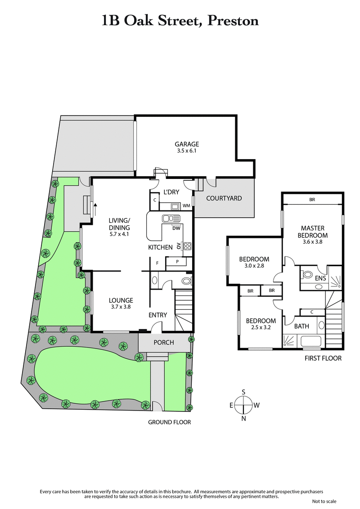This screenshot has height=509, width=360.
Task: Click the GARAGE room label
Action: [x=187, y=144]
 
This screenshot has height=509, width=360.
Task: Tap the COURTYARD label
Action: [x=224, y=198]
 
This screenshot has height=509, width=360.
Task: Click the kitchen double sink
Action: [x=171, y=219]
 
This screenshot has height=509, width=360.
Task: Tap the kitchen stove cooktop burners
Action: [x=187, y=246]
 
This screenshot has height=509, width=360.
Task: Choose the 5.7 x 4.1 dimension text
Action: [x=119, y=234]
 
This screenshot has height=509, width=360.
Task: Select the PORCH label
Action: [x=163, y=343]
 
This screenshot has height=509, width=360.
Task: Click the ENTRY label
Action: [x=157, y=315]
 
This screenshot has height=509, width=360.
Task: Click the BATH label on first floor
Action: [x=301, y=326]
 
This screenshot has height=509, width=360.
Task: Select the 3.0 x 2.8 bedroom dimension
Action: [x=254, y=266]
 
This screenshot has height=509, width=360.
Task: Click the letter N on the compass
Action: [x=243, y=419]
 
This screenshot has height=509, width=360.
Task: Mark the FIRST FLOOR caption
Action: [x=323, y=358]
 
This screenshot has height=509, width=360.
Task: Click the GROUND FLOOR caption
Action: [x=169, y=422]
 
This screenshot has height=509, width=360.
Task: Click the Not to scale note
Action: [x=324, y=501]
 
